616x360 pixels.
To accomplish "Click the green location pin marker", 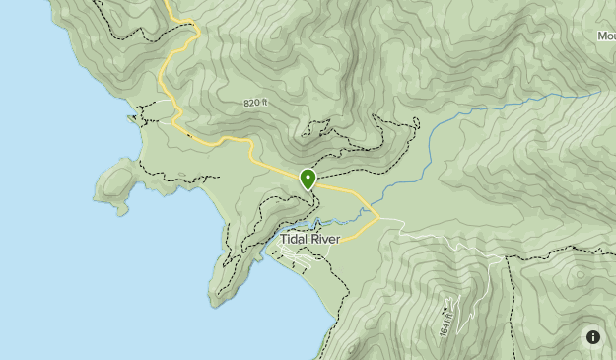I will (308, 180).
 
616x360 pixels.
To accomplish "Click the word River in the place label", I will (332, 238).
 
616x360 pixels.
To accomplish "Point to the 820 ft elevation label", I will (256, 103).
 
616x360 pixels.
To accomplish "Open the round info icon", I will (593, 337).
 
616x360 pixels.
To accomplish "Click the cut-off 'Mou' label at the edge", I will (605, 36).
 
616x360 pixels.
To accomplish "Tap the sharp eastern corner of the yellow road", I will (378, 214).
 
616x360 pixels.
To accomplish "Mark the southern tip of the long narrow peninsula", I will (213, 301).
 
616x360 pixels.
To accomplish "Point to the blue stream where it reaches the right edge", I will (597, 93).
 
